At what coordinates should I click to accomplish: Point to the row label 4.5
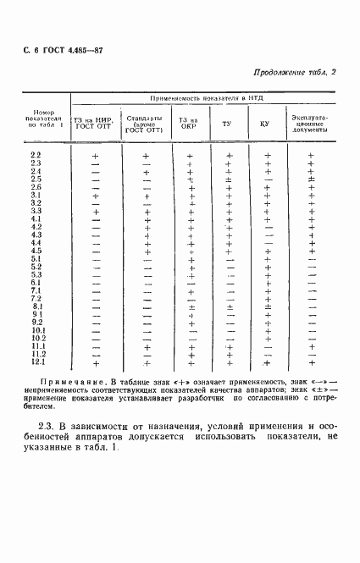point(36,251)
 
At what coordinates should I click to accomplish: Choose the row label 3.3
point(36,211)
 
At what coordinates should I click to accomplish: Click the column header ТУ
point(226,124)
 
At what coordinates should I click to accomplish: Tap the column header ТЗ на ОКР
point(188,124)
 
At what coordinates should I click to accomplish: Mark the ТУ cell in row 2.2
point(229,156)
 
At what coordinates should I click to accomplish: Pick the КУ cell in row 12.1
point(269,363)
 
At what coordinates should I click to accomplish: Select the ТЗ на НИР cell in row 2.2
point(96,156)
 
